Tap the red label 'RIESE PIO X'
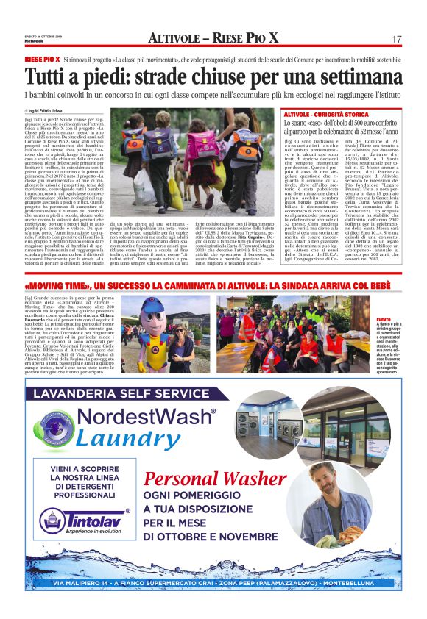42,58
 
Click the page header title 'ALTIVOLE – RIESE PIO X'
213,38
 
